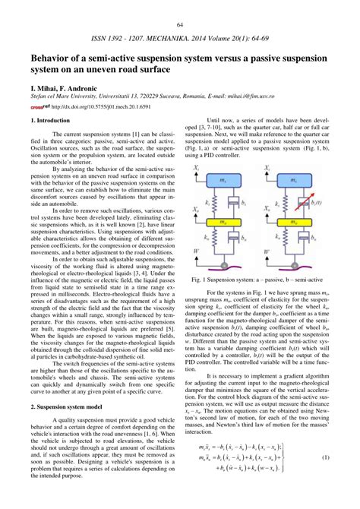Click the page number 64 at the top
(181, 25)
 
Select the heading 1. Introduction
(52, 120)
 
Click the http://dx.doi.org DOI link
(83, 106)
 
